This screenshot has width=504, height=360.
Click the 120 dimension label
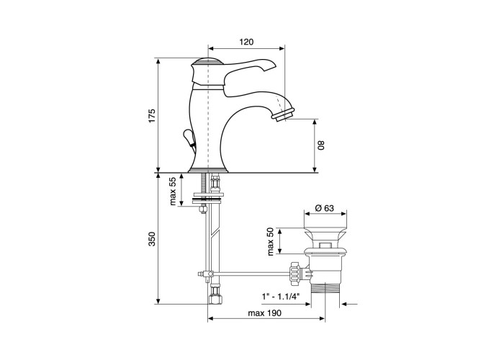point(246,42)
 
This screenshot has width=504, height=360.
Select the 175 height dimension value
point(152,115)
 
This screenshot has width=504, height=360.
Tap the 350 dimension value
point(152,239)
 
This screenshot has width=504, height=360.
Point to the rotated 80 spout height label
point(321,145)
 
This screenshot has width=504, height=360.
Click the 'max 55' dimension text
point(173,192)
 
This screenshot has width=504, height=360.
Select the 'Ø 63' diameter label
point(324,208)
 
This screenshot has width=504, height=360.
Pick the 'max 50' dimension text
point(270,241)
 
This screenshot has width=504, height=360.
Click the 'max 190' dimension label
point(264,313)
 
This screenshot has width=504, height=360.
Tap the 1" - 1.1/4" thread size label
point(281,296)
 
